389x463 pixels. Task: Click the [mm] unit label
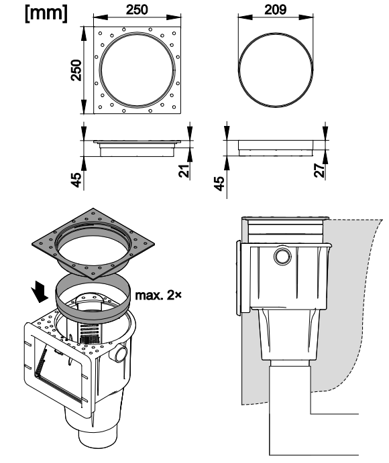(46, 13)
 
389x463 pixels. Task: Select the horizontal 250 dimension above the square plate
(137, 9)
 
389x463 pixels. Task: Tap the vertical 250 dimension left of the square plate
(76, 70)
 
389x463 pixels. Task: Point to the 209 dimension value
(275, 9)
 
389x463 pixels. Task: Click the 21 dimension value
(184, 171)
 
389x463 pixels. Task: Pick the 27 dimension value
(319, 171)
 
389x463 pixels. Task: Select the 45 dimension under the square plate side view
(76, 180)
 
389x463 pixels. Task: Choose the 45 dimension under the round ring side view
(219, 184)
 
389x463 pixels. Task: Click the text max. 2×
(158, 295)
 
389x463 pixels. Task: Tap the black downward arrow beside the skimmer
(40, 291)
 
